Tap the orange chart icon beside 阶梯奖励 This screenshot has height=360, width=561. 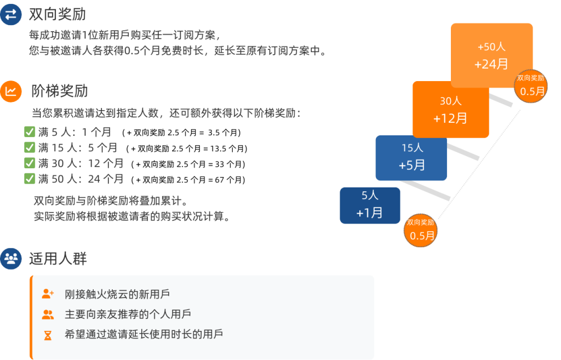point(11,92)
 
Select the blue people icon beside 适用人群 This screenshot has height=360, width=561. point(11,259)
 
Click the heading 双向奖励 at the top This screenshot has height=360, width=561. point(57,14)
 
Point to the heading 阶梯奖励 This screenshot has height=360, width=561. point(59,91)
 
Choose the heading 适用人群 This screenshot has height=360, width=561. point(58,259)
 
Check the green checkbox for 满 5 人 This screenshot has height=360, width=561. point(30,132)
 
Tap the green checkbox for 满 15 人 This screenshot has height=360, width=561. point(30,147)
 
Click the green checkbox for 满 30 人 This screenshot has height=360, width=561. point(30,163)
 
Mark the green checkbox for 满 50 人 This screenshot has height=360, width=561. point(30,178)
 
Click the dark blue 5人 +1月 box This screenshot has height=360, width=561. point(370,205)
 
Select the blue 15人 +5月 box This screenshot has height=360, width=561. point(411,158)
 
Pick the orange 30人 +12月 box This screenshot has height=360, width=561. point(450,110)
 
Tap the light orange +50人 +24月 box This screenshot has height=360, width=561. point(491,55)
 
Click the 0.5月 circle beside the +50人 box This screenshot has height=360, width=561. point(530,86)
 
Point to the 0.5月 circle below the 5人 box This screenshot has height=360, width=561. point(420,231)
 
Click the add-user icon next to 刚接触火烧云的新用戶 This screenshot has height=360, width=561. point(48,294)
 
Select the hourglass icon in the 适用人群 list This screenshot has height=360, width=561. point(48,335)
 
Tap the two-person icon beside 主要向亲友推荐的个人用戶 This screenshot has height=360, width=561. point(48,315)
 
